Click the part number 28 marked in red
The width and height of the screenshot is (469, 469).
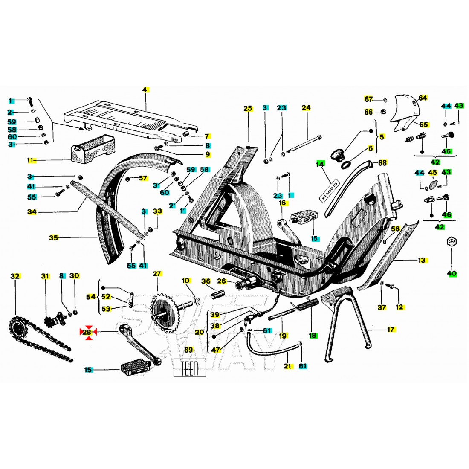87,332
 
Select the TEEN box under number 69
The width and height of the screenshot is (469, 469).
190,368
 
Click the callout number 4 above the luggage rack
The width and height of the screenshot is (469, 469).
145,90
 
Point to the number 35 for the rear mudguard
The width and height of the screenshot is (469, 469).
54,238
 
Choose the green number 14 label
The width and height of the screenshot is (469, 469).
320,164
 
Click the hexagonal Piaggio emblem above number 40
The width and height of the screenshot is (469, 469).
452,242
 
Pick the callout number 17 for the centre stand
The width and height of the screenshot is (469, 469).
391,330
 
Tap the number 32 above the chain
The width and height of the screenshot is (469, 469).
15,276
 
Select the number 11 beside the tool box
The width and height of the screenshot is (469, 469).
31,160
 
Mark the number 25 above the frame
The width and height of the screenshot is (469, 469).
248,108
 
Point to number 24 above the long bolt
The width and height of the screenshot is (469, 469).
306,107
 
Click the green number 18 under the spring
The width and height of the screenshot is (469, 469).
313,336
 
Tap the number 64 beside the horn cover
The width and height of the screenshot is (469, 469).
423,98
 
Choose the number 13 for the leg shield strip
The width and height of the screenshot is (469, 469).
422,260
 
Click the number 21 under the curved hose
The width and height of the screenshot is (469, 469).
287,366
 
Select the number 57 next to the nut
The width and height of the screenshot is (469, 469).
143,178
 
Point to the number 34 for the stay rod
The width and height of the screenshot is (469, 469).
32,212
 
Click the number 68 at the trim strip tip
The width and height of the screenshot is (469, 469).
382,163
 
